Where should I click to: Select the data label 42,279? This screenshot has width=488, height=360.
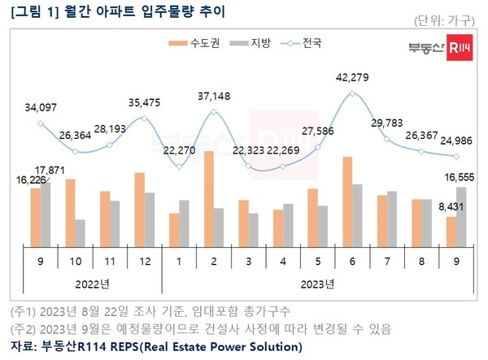coord(351,78)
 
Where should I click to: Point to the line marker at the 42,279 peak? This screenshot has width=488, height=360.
coord(352,93)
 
